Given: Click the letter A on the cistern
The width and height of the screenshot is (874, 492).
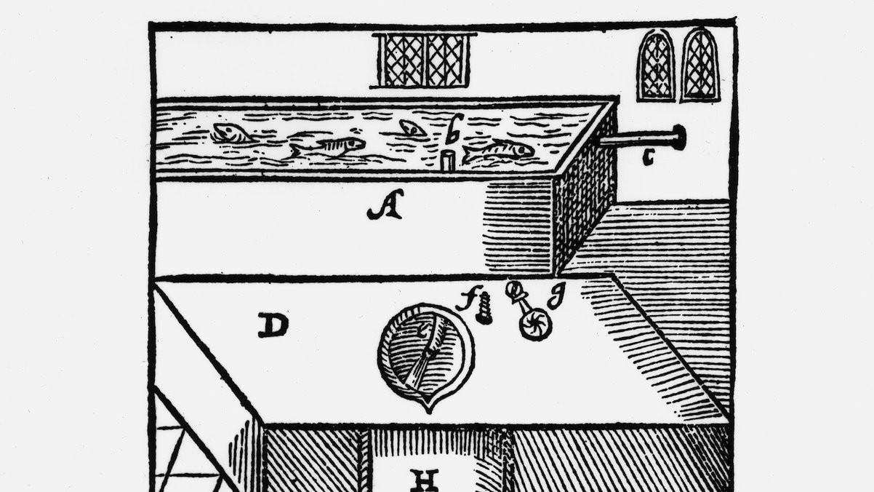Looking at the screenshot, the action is pos(385,205).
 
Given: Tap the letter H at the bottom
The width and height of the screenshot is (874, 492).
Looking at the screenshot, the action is pos(424,481).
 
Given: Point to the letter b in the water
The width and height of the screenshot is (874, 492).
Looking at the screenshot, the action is pos(454,129).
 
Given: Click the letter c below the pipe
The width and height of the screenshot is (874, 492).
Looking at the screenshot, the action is pos(648,157).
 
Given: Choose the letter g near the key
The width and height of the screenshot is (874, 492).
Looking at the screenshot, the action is pos(557,295).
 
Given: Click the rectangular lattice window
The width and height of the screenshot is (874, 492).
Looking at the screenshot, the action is pos(424,60).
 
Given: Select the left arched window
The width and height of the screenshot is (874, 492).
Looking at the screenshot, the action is pos(656,66).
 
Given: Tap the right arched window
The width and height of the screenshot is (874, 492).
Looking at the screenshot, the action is pos(700,65).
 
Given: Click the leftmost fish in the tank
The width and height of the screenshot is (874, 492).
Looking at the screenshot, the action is pos(231,132).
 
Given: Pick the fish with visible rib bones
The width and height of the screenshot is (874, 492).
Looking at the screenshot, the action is pos(327,147).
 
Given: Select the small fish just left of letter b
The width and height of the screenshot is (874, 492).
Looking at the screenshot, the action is pos(412,128).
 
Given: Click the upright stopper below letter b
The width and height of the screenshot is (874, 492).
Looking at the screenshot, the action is pos(448,162).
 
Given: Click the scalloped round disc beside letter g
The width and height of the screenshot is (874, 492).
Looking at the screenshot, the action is pos(535,324).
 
